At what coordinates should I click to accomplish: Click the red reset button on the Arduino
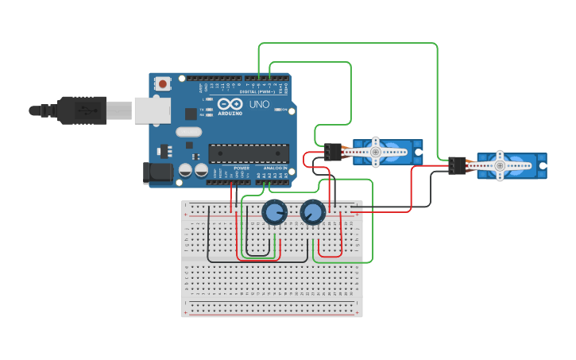tap(163, 83)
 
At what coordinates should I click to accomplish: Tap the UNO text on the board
tap(259, 104)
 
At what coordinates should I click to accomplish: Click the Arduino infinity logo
tap(230, 104)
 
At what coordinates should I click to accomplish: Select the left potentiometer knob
tap(274, 212)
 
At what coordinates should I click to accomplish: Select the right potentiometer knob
tap(312, 212)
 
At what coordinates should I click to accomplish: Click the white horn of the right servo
tap(500, 165)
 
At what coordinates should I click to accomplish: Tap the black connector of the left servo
tap(333, 151)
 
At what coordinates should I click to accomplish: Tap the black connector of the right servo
tap(457, 165)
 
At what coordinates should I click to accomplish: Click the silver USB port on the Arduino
tap(152, 110)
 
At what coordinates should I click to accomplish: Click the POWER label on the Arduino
tap(242, 168)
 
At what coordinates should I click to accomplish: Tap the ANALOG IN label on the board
tap(275, 168)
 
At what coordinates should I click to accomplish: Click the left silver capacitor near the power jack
tap(185, 169)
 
